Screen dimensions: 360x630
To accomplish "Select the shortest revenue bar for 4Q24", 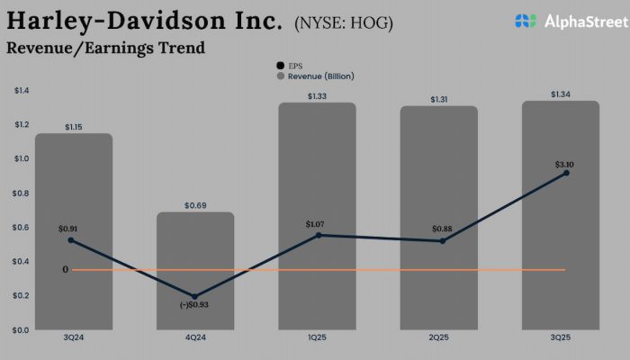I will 195,270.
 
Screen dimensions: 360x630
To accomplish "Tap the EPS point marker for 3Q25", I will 565,173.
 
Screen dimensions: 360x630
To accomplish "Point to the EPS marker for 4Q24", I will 195,296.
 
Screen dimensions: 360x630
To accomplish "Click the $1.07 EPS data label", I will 318,222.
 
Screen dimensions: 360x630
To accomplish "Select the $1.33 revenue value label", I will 318,96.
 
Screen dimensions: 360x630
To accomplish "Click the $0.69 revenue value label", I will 195,206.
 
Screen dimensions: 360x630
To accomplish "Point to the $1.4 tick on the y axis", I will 22,91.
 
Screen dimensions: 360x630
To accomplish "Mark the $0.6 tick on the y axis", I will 22,228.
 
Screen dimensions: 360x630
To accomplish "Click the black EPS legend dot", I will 280,66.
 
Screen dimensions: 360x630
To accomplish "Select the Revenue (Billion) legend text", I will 321,76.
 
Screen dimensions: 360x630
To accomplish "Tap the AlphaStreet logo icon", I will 526,20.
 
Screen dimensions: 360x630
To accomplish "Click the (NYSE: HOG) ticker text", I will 343,22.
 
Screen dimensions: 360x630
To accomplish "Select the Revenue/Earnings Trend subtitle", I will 105,48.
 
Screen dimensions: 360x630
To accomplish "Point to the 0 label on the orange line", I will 65,269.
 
